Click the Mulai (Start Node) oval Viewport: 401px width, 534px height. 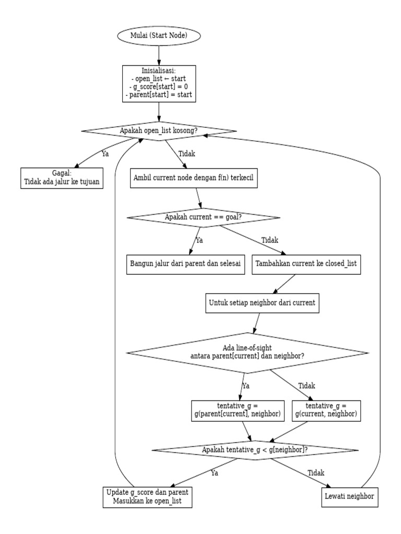158,36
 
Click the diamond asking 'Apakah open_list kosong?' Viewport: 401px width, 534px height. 158,130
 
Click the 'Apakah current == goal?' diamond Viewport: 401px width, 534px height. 204,217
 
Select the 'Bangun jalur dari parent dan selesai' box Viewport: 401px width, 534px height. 185,263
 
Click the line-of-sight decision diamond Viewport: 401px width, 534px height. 248,353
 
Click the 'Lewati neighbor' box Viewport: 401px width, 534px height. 348,497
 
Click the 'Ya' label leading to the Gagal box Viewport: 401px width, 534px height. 106,154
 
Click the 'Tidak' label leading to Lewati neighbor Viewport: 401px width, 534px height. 316,473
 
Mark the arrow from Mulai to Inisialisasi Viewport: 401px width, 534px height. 158,55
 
